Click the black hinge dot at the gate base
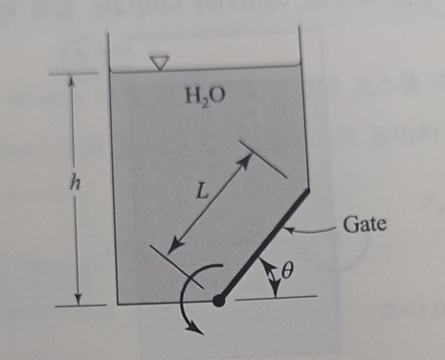pyautogui.click(x=219, y=301)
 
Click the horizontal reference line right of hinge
pyautogui.click(x=278, y=298)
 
